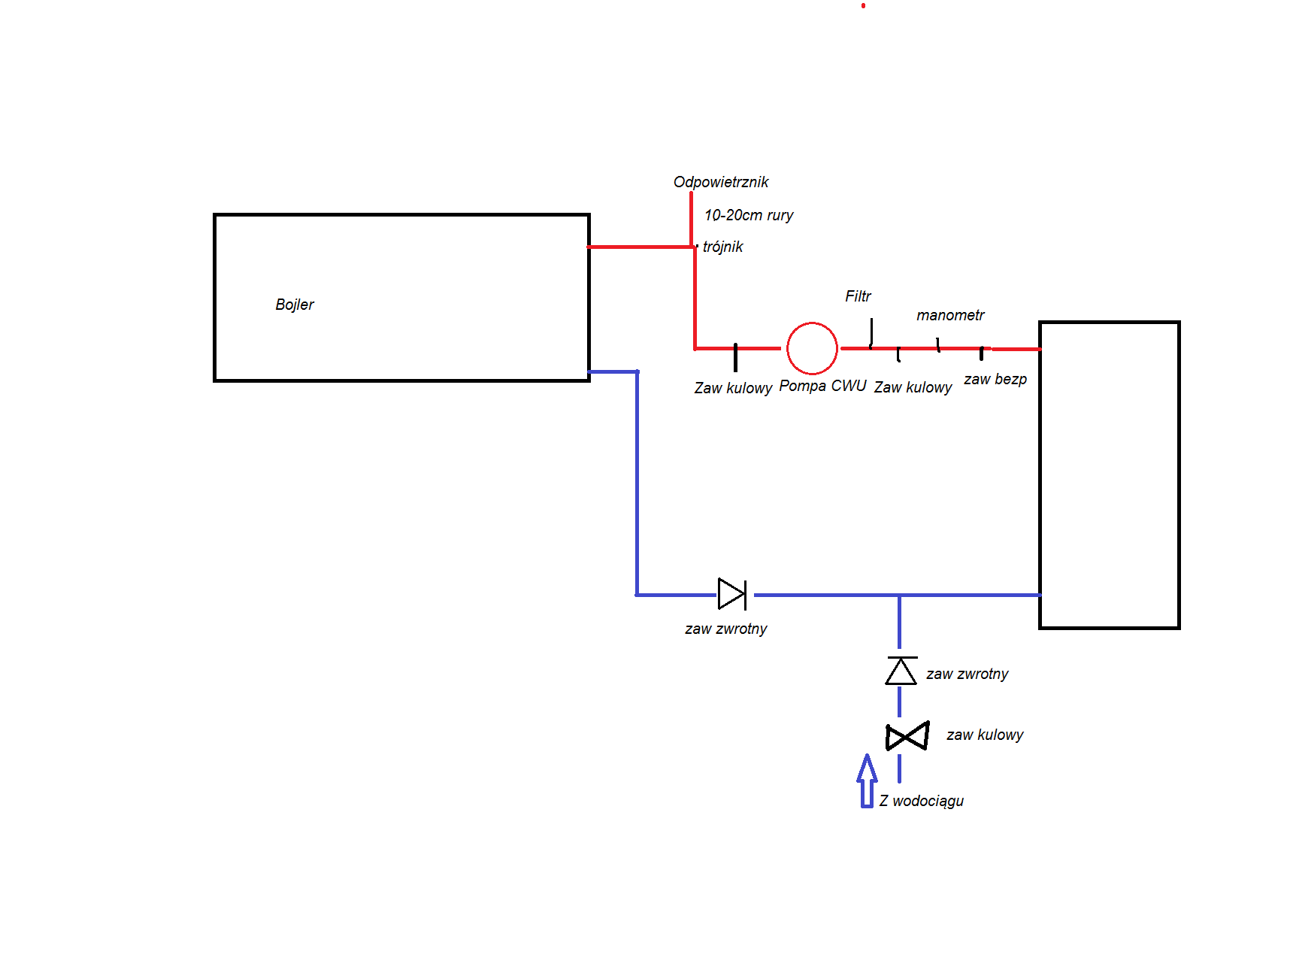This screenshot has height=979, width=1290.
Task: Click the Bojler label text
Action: [295, 305]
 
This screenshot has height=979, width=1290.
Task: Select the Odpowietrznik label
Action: [721, 182]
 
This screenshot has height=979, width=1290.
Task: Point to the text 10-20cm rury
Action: [749, 215]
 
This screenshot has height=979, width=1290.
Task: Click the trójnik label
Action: [722, 247]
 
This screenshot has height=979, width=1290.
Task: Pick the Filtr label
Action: [858, 296]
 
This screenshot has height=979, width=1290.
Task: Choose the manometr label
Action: [950, 315]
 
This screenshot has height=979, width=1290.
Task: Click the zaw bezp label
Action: [995, 379]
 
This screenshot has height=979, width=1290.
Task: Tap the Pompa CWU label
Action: [822, 386]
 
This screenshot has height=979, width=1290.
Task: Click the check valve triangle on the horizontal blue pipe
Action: [732, 594]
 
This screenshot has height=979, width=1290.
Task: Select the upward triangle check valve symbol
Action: [901, 671]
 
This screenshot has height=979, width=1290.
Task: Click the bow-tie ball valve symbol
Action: [907, 736]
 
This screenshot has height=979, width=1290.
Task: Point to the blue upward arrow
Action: [867, 780]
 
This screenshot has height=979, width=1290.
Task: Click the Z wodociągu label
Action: [922, 801]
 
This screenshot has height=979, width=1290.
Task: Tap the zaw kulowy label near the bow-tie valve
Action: [985, 735]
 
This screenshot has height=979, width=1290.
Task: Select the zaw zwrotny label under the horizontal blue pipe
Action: [725, 629]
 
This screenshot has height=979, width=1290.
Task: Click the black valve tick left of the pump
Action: [735, 357]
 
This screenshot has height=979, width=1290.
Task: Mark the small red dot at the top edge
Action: [863, 6]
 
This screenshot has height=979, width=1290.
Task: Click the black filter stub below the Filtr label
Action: [871, 333]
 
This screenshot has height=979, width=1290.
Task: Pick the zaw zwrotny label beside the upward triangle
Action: [967, 674]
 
